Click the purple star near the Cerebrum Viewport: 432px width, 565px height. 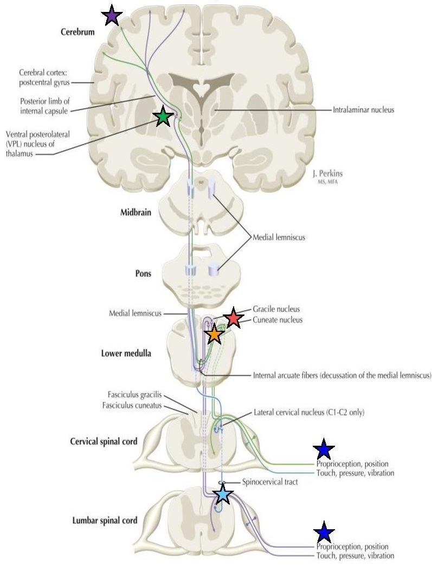click(111, 15)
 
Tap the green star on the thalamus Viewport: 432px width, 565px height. click(163, 117)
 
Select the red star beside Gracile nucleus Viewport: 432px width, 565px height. click(233, 318)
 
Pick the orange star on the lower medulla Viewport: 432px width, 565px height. click(214, 334)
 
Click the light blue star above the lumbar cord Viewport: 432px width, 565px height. click(222, 494)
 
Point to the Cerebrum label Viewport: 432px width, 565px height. click(78, 32)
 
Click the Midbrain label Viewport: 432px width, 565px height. click(136, 212)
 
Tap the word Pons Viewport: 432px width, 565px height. click(143, 273)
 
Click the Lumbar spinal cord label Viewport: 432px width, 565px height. click(105, 520)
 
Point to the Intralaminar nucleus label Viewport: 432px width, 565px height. click(363, 110)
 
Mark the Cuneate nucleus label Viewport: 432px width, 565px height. click(278, 320)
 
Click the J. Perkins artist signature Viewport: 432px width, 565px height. click(327, 175)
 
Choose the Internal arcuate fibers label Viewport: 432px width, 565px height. click(341, 375)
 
